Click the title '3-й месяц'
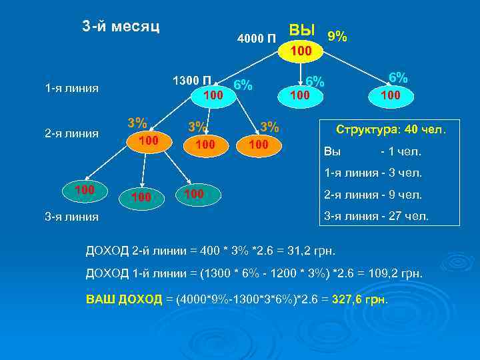121,26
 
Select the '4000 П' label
257,37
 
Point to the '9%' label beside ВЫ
337,36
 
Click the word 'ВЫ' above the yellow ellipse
301,30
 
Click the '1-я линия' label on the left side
72,88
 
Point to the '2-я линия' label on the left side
71,133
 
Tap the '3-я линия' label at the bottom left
71,216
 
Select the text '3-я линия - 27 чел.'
377,216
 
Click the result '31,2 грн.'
313,251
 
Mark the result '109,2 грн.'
393,274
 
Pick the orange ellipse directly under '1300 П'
213,96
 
